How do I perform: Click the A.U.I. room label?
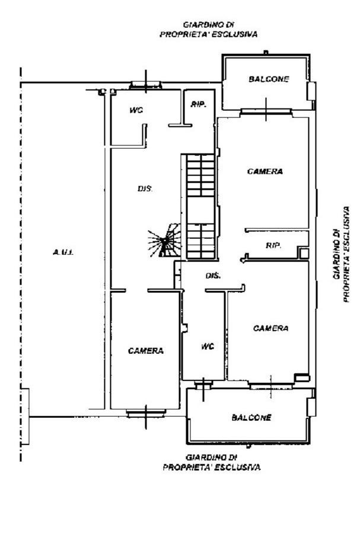click(x=63, y=253)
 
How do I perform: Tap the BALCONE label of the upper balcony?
click(x=269, y=79)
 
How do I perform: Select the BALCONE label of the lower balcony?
click(x=251, y=418)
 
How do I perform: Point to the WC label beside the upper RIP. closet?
click(x=136, y=110)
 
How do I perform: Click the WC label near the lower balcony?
click(x=208, y=346)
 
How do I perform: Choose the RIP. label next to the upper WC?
click(x=199, y=104)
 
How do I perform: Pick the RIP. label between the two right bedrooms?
click(x=273, y=245)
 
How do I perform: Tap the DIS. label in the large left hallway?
click(x=145, y=188)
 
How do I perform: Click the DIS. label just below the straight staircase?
click(x=214, y=276)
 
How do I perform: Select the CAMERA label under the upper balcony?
click(x=265, y=171)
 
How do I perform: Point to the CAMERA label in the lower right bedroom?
click(x=271, y=328)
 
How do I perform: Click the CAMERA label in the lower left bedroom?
click(x=146, y=351)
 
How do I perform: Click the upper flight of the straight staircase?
click(x=200, y=175)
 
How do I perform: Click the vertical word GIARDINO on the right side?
click(x=337, y=254)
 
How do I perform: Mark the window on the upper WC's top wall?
click(x=146, y=85)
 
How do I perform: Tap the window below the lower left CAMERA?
click(x=146, y=413)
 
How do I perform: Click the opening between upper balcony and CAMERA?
click(x=266, y=111)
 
